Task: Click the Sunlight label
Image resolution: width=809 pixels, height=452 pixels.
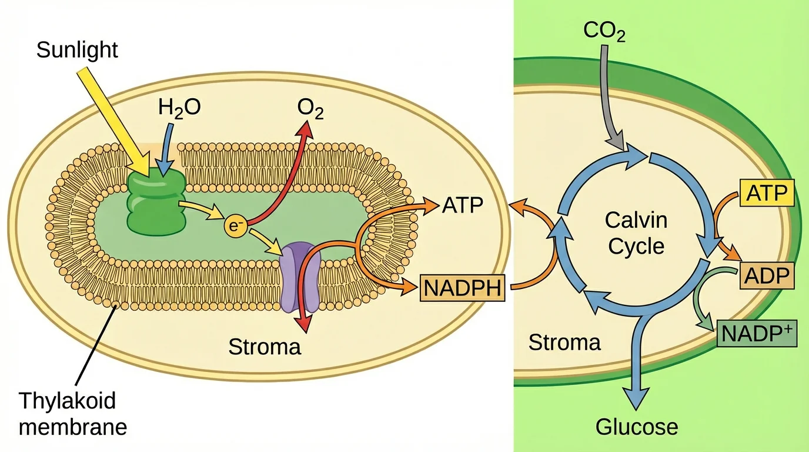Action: click(x=77, y=50)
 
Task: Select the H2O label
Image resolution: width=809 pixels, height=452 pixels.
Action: click(x=180, y=108)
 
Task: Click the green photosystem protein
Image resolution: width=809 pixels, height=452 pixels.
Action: click(x=156, y=201)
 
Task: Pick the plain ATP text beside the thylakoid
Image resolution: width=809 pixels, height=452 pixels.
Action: click(x=462, y=207)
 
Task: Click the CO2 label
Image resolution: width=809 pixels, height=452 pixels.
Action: click(x=604, y=31)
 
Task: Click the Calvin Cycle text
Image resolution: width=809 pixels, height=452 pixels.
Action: click(x=636, y=233)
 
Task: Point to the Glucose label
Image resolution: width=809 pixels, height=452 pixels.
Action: click(x=637, y=426)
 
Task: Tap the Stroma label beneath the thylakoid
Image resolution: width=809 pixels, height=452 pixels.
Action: click(x=265, y=347)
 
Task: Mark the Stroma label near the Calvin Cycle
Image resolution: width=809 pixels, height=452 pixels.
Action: click(x=564, y=342)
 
